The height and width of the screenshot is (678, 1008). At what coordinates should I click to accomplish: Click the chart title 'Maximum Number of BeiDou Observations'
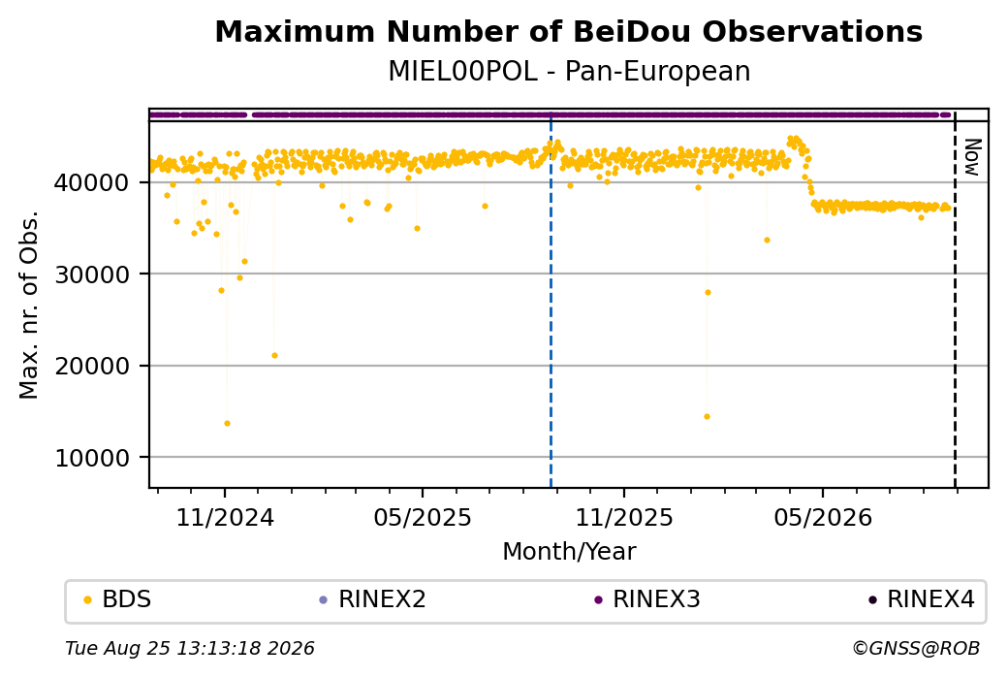click(568, 31)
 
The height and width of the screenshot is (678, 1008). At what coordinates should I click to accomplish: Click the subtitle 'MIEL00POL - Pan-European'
click(569, 72)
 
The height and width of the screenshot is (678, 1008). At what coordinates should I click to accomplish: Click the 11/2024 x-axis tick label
click(225, 517)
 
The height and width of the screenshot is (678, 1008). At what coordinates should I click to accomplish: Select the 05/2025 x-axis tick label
click(423, 517)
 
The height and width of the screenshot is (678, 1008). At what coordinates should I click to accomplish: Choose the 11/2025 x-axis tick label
click(623, 517)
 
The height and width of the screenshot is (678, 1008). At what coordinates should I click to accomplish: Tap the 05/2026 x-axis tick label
click(823, 517)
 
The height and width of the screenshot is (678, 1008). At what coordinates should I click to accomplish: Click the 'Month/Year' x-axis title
click(569, 551)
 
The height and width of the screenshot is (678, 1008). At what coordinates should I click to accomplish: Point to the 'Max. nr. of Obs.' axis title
click(29, 305)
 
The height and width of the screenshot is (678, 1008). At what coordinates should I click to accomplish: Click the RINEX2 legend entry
click(373, 599)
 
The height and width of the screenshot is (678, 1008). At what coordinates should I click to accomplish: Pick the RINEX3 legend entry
click(647, 599)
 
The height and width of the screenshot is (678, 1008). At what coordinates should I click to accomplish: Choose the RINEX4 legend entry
click(922, 599)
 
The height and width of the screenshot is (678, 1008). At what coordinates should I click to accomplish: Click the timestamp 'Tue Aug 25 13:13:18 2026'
click(190, 648)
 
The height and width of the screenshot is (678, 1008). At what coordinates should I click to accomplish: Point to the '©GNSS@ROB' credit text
click(916, 648)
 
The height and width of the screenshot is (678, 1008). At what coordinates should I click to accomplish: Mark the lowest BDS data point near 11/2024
click(227, 423)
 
